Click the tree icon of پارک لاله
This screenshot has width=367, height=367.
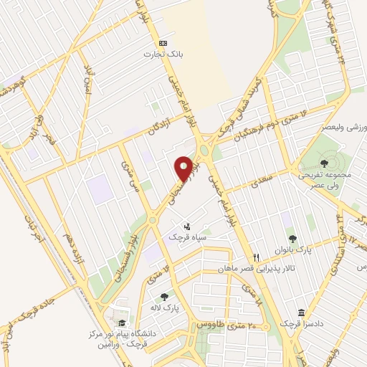coord(164,295)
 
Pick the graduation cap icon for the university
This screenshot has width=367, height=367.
coord(121,323)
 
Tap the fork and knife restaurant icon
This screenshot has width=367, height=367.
coord(255,257)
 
